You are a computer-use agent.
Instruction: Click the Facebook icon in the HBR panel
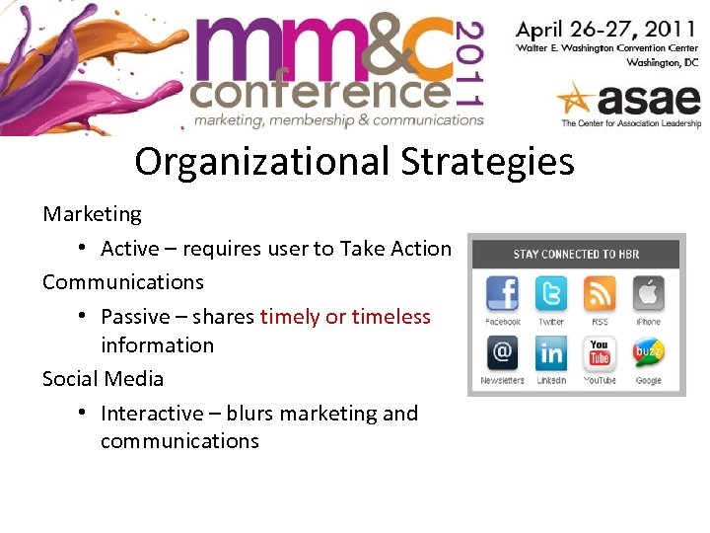point(503,294)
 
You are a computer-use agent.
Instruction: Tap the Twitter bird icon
point(550,294)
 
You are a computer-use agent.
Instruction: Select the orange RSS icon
point(599,294)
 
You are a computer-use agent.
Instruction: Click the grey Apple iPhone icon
point(648,294)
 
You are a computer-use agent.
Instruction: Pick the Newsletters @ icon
point(503,353)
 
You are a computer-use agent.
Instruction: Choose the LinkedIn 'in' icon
point(550,353)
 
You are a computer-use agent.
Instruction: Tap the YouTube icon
point(599,353)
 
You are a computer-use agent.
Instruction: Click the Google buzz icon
point(648,353)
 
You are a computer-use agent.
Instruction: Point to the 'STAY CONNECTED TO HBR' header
point(576,254)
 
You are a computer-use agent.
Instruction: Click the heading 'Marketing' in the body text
point(92,214)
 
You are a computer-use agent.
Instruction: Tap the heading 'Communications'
point(123,282)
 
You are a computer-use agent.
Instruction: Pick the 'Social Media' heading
point(103,379)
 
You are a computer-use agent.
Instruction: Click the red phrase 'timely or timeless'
point(345,317)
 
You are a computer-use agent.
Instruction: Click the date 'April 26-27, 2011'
point(606,27)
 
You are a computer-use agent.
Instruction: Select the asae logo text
point(646,100)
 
